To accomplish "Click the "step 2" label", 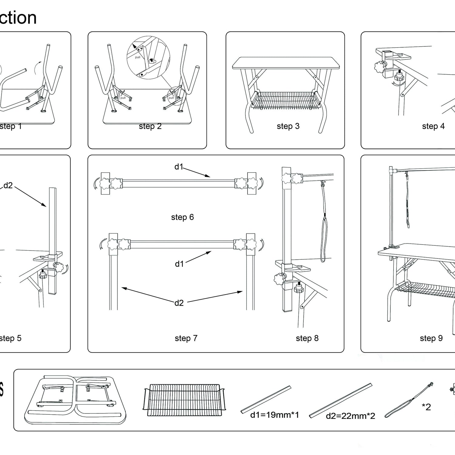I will click(150, 126).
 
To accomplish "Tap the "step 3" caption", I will click(288, 126).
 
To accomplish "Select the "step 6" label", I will click(182, 217).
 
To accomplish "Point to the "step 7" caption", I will click(186, 338).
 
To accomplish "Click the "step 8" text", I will click(307, 338).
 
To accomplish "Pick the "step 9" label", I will click(431, 338).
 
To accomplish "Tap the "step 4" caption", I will click(433, 126).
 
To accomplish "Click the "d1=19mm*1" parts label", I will click(275, 415).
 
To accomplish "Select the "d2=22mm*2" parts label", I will click(350, 416).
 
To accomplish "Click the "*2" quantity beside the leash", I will click(426, 407).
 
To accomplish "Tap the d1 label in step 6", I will click(179, 167).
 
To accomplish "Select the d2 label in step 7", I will click(179, 303).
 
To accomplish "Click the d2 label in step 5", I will click(8, 185).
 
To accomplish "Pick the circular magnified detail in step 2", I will click(148, 58).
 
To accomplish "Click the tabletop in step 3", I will click(285, 62).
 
